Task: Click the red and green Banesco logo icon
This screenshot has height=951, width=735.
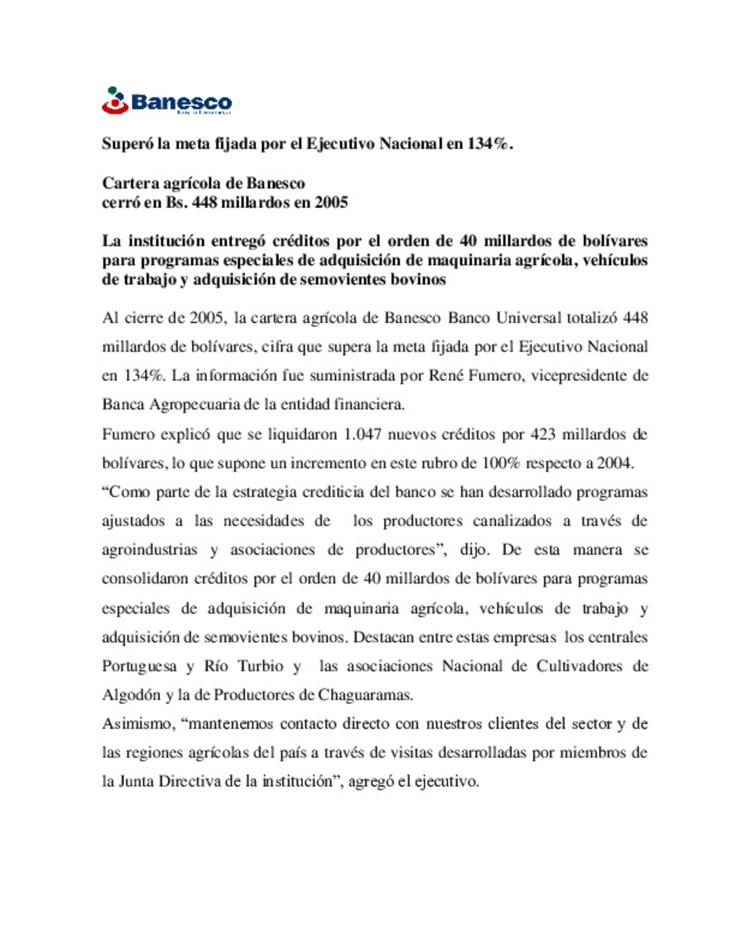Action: pos(115,100)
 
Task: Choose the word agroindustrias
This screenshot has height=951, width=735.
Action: pos(150,550)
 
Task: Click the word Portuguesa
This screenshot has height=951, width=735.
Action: pos(140,666)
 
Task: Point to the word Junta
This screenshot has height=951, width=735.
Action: pos(136,782)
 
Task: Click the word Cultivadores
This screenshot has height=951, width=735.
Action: pos(579,666)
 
